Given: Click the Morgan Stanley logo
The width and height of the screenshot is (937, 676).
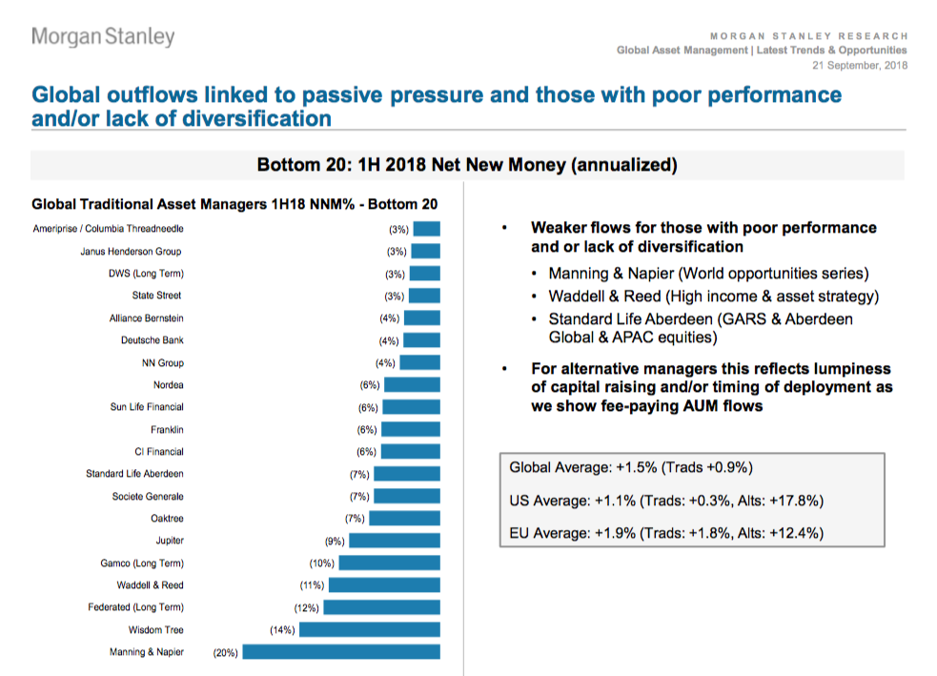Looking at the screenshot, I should pyautogui.click(x=103, y=37).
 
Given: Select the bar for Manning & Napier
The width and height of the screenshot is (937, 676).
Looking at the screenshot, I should pyautogui.click(x=341, y=652).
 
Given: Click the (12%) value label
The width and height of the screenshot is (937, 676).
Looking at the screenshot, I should pyautogui.click(x=307, y=607).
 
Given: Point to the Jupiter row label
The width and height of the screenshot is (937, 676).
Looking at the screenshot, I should pyautogui.click(x=170, y=541).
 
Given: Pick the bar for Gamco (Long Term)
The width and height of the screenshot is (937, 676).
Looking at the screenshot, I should pyautogui.click(x=389, y=563).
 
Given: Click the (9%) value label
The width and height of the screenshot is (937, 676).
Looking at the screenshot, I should pyautogui.click(x=335, y=541).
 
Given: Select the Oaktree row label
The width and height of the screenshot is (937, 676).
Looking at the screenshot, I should pyautogui.click(x=167, y=519).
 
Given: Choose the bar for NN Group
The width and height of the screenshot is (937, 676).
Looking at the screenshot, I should pyautogui.click(x=420, y=363).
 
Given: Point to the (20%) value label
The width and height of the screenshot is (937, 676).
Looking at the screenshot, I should pyautogui.click(x=226, y=652).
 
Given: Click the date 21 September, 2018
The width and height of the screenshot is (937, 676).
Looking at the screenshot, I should pyautogui.click(x=860, y=65).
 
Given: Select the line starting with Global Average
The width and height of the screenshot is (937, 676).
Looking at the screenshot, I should pyautogui.click(x=632, y=467).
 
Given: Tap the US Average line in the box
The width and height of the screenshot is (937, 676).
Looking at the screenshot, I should pyautogui.click(x=666, y=500).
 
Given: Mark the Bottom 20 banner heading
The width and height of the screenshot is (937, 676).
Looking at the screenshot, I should pyautogui.click(x=467, y=165).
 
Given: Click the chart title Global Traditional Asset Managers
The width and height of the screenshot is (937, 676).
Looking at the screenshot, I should pyautogui.click(x=234, y=204).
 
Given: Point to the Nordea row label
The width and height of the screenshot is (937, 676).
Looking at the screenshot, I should pyautogui.click(x=168, y=385).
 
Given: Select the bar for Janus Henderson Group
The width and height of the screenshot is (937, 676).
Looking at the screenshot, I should pyautogui.click(x=426, y=252).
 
